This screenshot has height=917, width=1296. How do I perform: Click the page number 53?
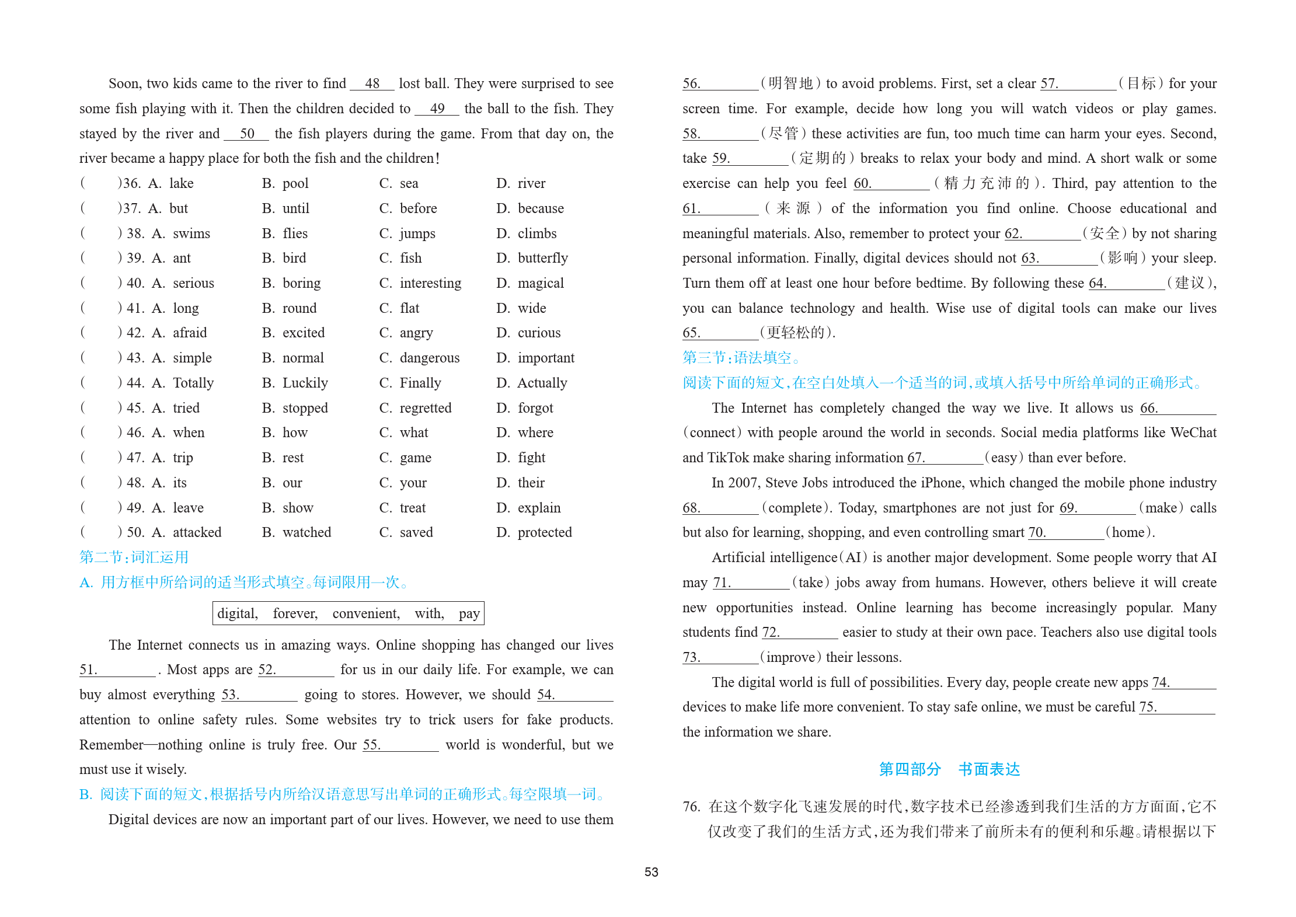pos(651,872)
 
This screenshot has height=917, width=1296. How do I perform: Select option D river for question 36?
pos(521,183)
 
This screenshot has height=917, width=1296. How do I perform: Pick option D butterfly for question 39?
pos(532,258)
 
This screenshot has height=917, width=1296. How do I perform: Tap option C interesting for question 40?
pos(420,283)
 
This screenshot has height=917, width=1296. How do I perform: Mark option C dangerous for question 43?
pos(419,358)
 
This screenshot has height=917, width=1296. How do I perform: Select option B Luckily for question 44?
pos(295,383)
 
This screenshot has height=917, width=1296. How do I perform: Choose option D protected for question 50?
pos(534,532)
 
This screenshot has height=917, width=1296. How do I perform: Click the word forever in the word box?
pos(295,613)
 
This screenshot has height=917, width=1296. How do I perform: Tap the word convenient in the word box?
pos(366,613)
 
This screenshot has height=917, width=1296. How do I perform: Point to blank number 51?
pos(117,670)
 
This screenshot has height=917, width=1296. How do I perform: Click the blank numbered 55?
pos(400,745)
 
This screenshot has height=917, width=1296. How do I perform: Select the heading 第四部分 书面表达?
pos(949,769)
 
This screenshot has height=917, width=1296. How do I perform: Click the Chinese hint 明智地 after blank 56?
pos(790,83)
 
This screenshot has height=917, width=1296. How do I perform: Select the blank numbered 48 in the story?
pos(372,83)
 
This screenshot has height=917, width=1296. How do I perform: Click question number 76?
pos(691,807)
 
